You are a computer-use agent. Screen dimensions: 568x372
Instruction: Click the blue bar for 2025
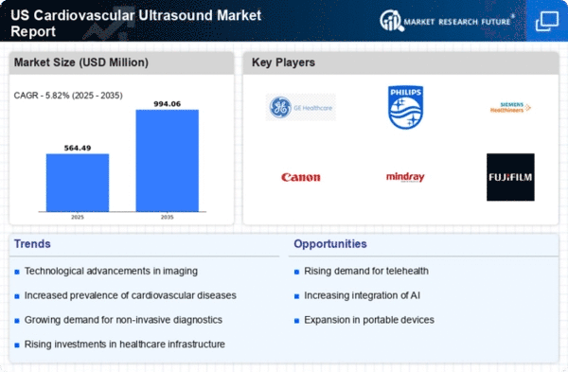coord(78,183)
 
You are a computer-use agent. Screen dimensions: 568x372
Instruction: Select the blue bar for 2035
coord(167,161)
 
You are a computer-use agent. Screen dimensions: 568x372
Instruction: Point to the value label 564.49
coord(78,148)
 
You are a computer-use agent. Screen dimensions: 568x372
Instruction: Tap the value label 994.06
coord(167,104)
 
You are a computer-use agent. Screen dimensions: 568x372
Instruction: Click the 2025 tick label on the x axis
coord(78,217)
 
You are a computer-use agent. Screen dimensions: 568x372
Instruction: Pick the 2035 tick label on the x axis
coord(167,217)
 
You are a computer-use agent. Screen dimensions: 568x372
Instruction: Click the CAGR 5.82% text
coord(68,96)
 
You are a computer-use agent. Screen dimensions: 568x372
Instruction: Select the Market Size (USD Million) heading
coord(81,62)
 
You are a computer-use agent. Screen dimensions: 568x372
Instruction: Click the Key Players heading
coord(283,62)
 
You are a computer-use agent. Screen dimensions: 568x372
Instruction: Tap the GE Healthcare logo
coord(301,107)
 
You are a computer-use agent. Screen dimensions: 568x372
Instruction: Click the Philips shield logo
coord(405,107)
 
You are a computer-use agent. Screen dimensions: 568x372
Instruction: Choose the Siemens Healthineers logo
coord(510,107)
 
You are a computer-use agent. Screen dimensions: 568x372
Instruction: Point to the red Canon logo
coord(301,177)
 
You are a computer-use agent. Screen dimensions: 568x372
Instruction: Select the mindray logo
coord(405,177)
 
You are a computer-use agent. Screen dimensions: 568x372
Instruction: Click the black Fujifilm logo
coord(510,177)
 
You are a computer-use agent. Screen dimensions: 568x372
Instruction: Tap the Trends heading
coord(32,244)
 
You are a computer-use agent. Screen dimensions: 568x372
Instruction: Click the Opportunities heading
coord(330,244)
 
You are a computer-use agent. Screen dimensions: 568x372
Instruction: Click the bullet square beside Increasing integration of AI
coord(296,296)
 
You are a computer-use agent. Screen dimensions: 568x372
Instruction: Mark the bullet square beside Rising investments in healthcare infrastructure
coord(17,345)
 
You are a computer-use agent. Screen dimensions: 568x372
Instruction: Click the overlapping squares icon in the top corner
coord(547,21)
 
